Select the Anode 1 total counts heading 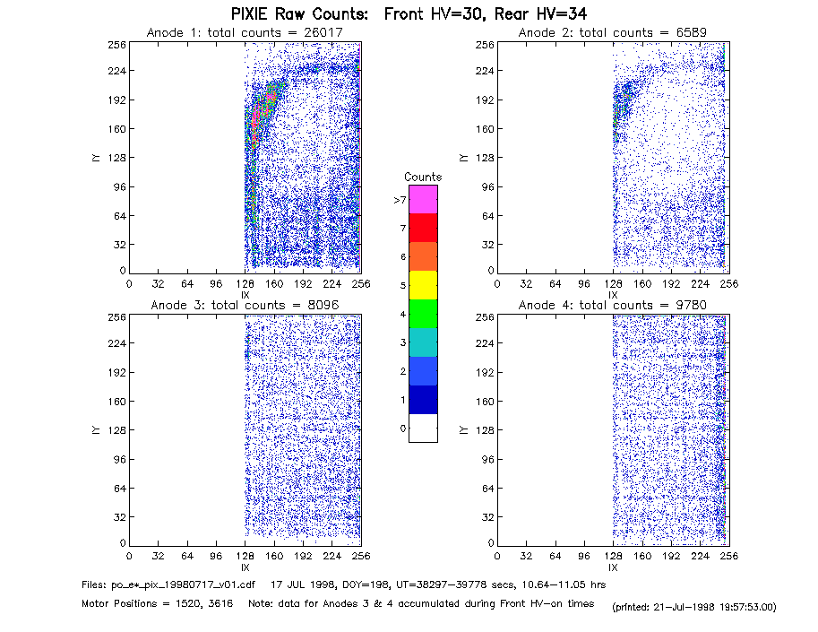pyautogui.click(x=245, y=33)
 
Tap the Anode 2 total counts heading pyautogui.click(x=613, y=33)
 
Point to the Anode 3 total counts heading pyautogui.click(x=245, y=306)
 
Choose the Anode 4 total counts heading pyautogui.click(x=613, y=306)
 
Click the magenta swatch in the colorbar pyautogui.click(x=423, y=199)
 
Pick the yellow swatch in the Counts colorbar pyautogui.click(x=423, y=285)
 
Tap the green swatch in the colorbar pyautogui.click(x=423, y=314)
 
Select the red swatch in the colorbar pyautogui.click(x=423, y=228)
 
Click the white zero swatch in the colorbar pyautogui.click(x=423, y=428)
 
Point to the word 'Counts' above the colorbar pyautogui.click(x=423, y=177)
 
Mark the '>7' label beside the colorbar pyautogui.click(x=400, y=200)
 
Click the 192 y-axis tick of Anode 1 pyautogui.click(x=116, y=100)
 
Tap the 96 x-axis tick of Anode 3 pyautogui.click(x=216, y=556)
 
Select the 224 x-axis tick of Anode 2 pyautogui.click(x=700, y=283)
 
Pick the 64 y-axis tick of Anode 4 pyautogui.click(x=487, y=488)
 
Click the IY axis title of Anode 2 pyautogui.click(x=463, y=158)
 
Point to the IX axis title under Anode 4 pyautogui.click(x=613, y=567)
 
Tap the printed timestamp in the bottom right pyautogui.click(x=694, y=607)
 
